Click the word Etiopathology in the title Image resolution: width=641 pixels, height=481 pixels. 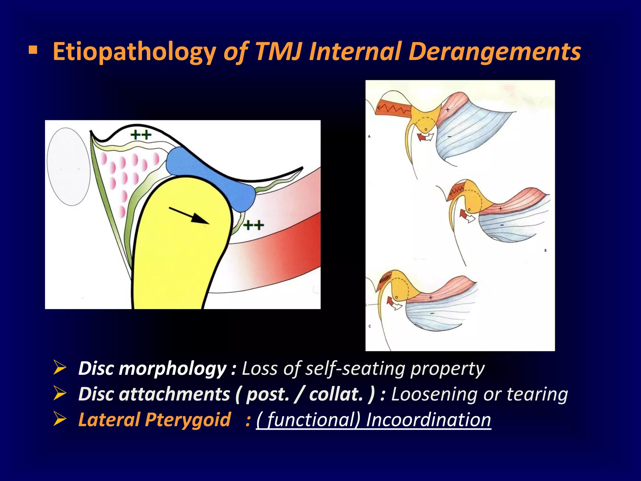[x=134, y=52]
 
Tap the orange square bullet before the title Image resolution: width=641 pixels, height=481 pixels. [x=33, y=50]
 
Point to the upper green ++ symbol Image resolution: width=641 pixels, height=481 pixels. [x=141, y=135]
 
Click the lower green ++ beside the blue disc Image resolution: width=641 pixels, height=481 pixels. [x=254, y=225]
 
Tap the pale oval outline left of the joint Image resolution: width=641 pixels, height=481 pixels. [x=69, y=167]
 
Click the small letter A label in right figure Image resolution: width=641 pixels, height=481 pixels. [x=369, y=137]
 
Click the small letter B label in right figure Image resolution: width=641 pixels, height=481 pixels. [x=545, y=251]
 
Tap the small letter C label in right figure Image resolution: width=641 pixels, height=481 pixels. [x=370, y=326]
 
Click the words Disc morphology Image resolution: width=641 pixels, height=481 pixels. [x=152, y=368]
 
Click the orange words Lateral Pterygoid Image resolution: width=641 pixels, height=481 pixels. [x=154, y=420]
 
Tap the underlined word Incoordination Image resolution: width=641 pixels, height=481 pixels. [x=428, y=420]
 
